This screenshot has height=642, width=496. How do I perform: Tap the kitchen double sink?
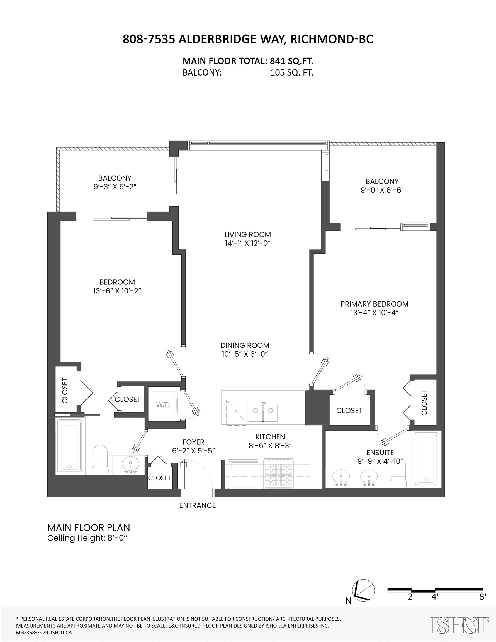pyautogui.click(x=263, y=410)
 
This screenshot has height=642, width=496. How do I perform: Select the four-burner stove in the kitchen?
pyautogui.click(x=278, y=474)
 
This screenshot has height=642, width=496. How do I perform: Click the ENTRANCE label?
pyautogui.click(x=198, y=505)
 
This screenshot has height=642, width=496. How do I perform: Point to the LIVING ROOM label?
pyautogui.click(x=247, y=235)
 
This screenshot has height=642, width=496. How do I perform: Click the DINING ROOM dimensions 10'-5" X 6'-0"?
pyautogui.click(x=245, y=354)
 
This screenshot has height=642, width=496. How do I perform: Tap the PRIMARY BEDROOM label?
pyautogui.click(x=374, y=304)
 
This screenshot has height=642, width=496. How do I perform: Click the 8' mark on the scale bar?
pyautogui.click(x=482, y=597)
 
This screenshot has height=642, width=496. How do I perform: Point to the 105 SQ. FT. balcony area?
pyautogui.click(x=292, y=73)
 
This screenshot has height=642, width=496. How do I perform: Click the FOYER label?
pyautogui.click(x=193, y=442)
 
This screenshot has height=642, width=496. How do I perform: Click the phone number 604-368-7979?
pyautogui.click(x=32, y=632)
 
